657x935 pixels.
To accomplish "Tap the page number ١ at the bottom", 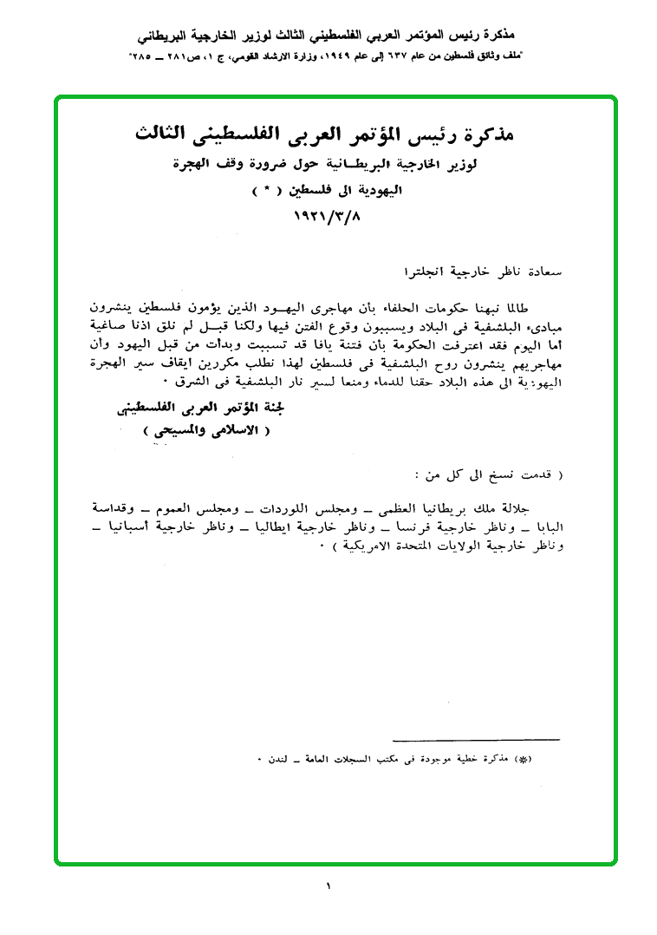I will (329, 886).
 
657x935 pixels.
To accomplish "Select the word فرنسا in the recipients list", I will (405, 526).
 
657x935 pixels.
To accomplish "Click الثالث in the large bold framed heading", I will (168, 134).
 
